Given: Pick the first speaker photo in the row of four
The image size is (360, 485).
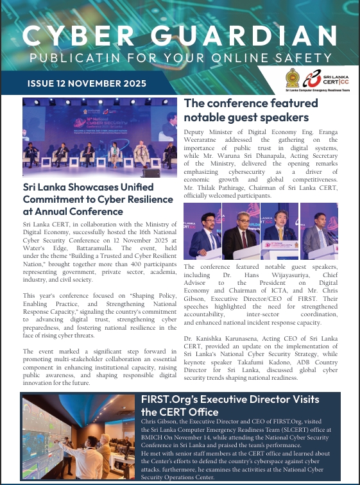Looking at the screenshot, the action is [205, 232].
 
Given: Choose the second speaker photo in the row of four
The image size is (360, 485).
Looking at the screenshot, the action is [241, 232].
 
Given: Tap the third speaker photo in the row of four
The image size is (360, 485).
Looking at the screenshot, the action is [279, 232].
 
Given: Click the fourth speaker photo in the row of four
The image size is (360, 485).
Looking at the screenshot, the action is [319, 232].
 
